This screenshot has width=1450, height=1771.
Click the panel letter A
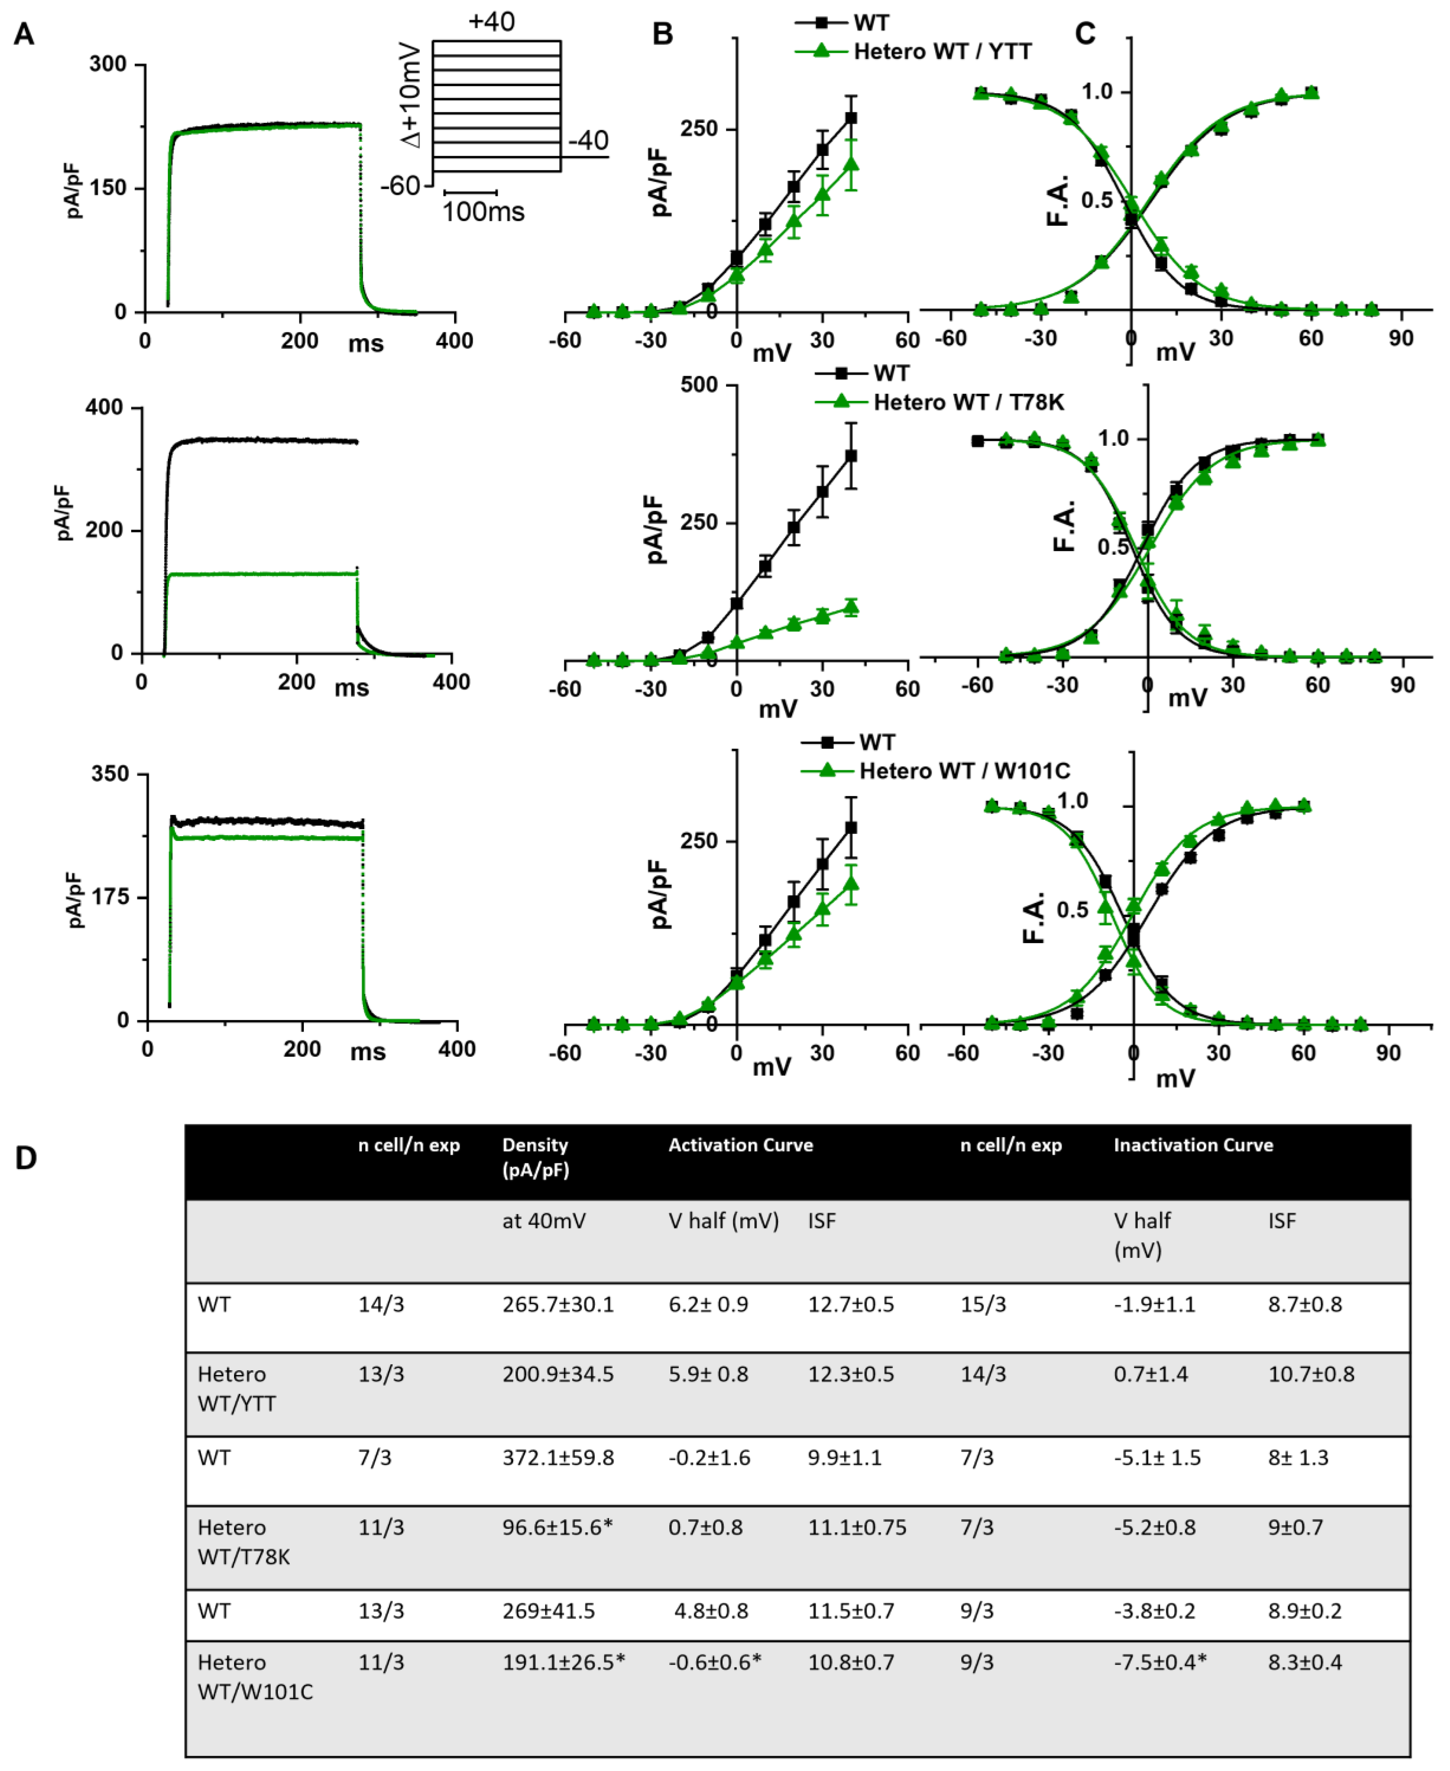click(24, 34)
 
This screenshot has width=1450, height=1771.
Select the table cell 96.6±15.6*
click(557, 1527)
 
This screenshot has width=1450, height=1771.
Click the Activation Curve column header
click(740, 1145)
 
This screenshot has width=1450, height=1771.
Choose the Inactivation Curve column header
click(1193, 1145)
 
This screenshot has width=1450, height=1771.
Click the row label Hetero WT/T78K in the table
click(243, 1541)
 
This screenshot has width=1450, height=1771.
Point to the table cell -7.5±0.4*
click(1160, 1661)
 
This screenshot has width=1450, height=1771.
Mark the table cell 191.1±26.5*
click(563, 1661)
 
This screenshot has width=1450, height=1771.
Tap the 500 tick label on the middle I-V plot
click(699, 385)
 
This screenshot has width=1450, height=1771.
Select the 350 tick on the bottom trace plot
click(110, 774)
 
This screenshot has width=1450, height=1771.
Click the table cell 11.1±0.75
click(856, 1527)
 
